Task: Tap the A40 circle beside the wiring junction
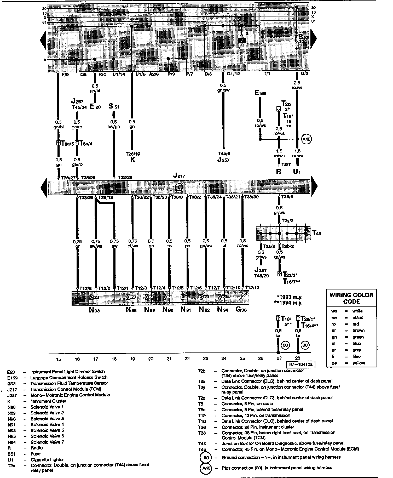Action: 306,139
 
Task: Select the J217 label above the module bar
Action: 179,175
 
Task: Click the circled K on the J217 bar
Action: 179,187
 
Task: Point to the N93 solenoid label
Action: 94,310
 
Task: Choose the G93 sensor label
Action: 241,310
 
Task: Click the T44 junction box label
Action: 317,233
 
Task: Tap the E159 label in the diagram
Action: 260,93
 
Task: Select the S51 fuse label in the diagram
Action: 114,106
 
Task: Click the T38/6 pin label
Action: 287,197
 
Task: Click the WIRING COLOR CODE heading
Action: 351,298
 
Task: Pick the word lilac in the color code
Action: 356,356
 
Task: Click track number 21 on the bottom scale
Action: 169,358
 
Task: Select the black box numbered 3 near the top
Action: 242,40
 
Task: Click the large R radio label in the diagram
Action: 279,172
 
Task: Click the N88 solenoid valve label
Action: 131,310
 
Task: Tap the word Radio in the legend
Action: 37,448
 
